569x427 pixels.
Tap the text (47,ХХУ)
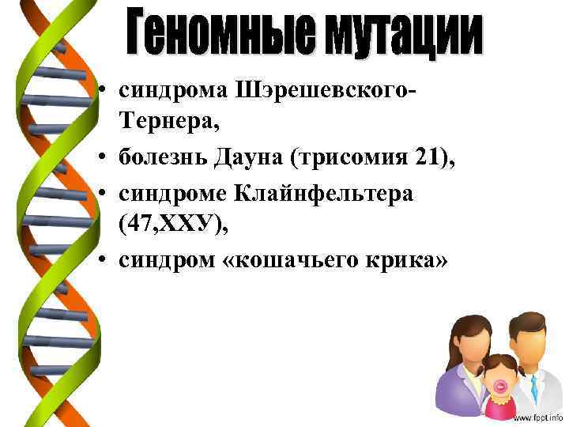(173, 225)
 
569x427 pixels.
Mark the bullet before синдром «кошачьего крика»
(104, 263)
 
